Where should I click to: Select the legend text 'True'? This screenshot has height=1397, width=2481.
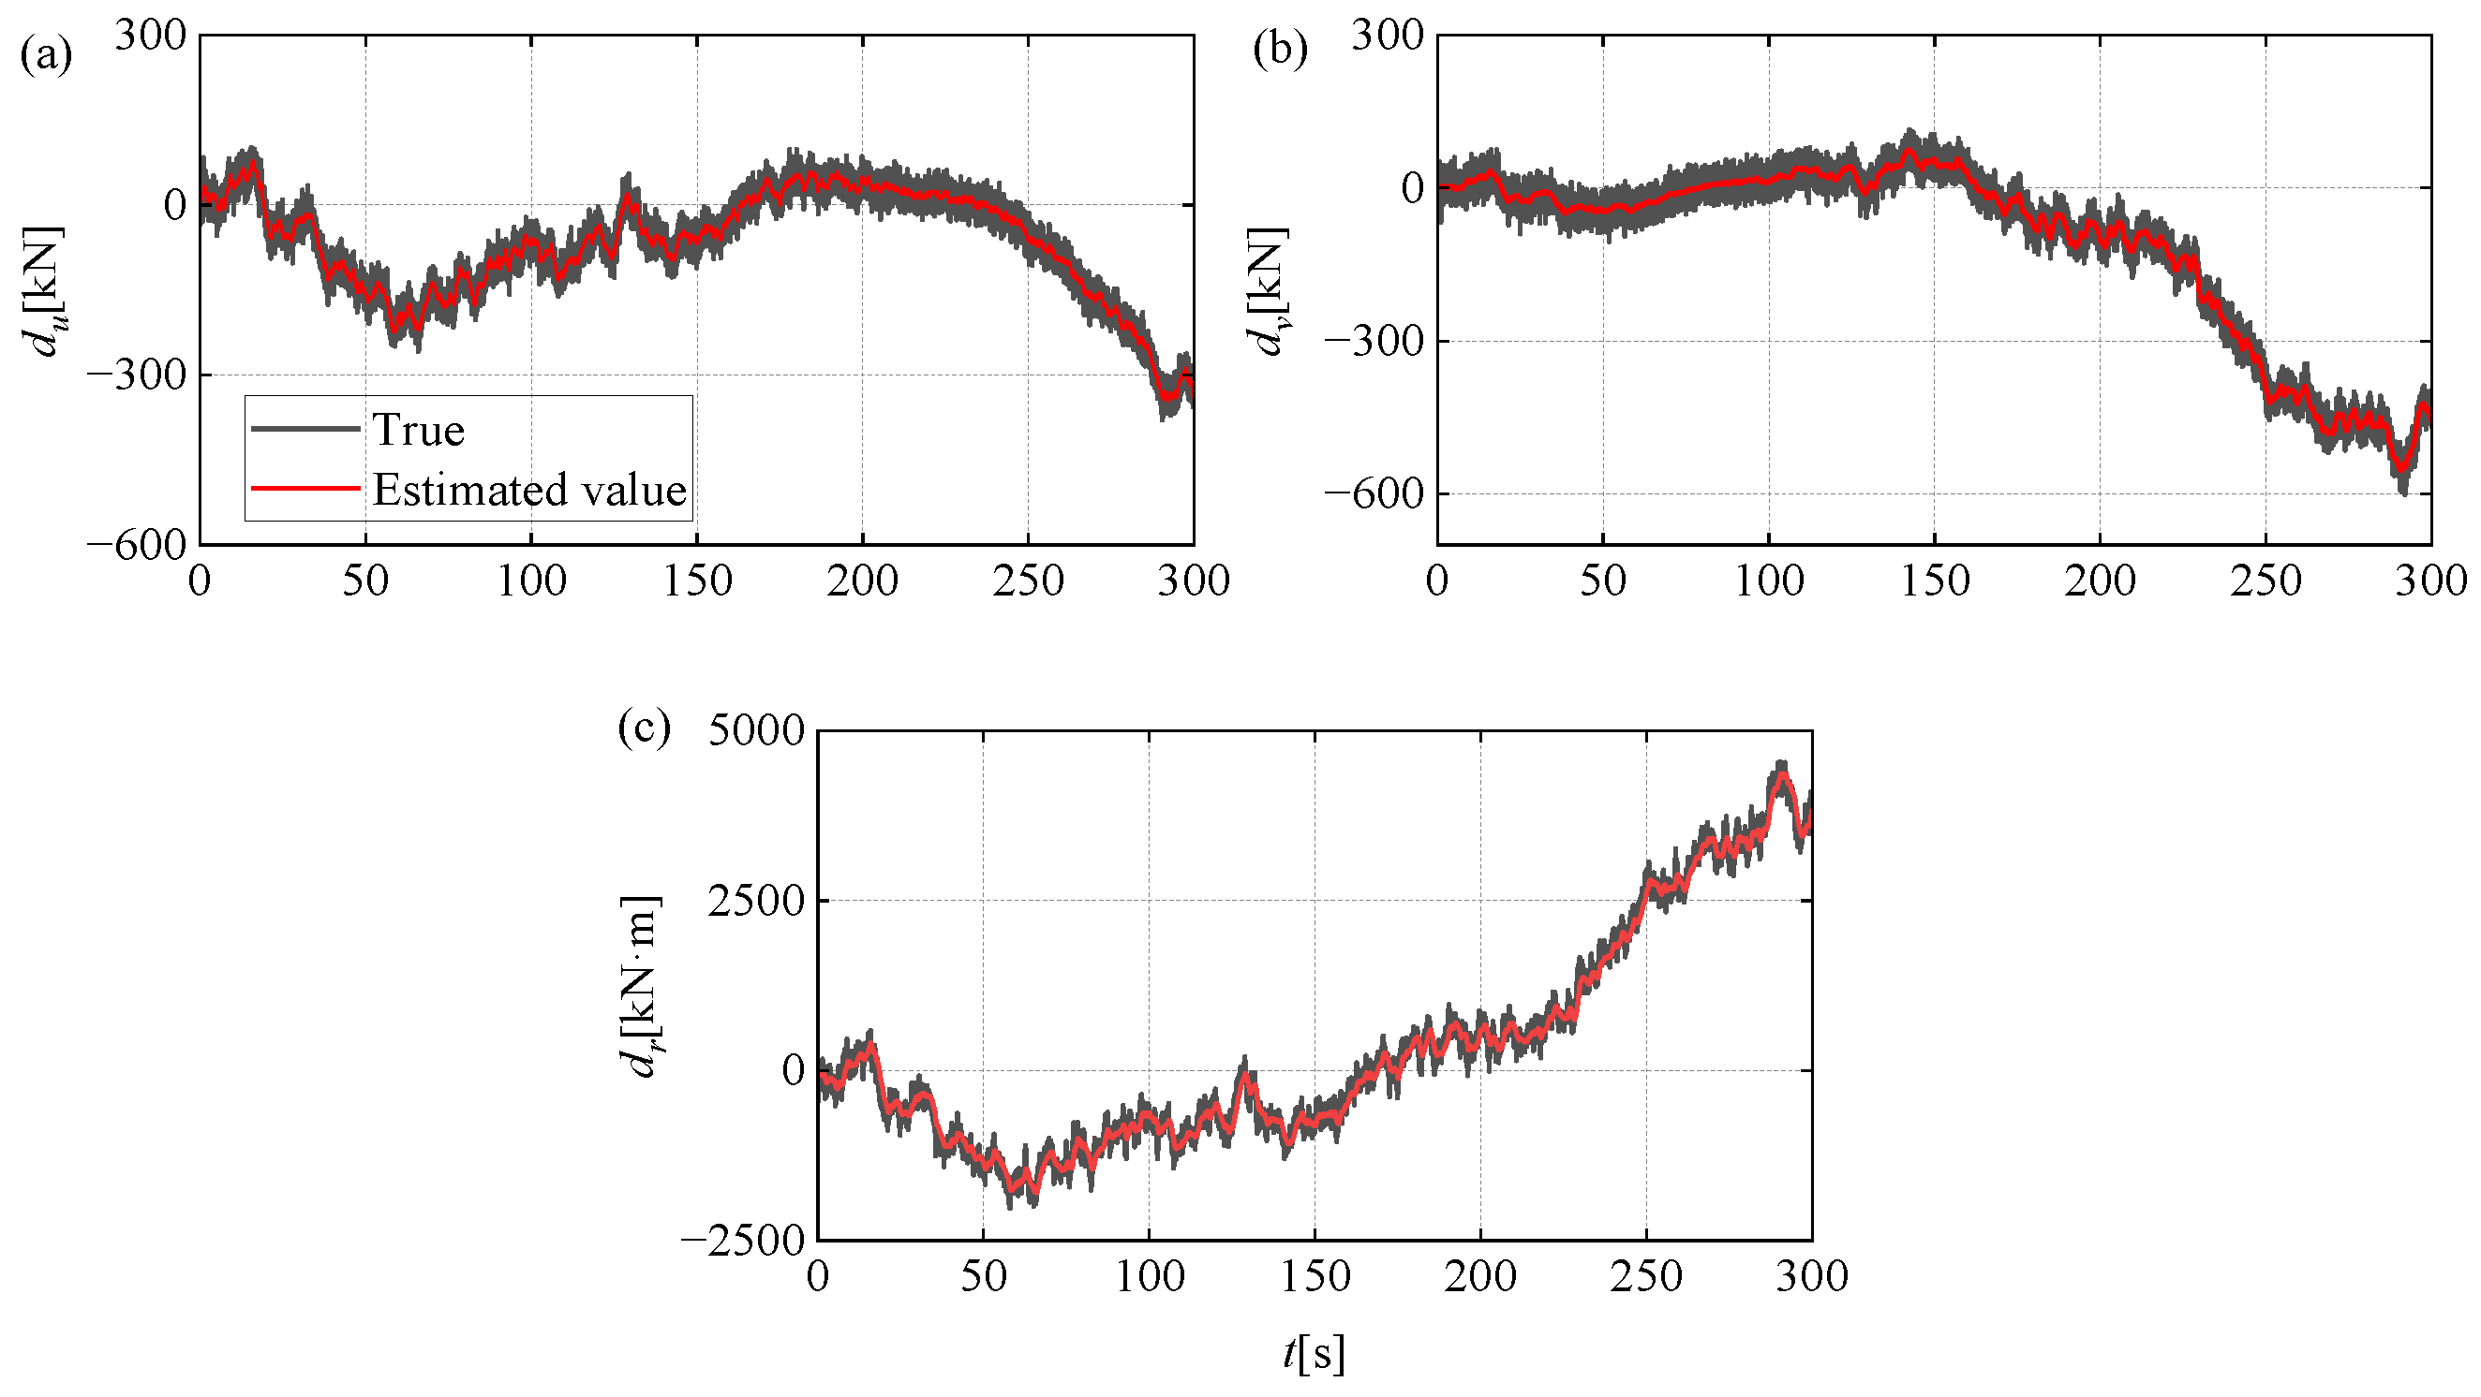click(418, 430)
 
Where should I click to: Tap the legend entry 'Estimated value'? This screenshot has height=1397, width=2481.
click(528, 489)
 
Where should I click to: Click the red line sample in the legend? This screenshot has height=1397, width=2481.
click(305, 489)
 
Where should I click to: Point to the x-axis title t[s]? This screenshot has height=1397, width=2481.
click(1314, 1353)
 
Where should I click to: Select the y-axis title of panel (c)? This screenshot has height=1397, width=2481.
click(640, 986)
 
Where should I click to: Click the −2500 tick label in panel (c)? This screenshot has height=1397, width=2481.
click(742, 1240)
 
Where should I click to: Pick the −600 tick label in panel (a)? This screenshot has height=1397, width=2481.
click(137, 545)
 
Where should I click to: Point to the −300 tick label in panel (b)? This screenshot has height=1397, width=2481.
click(1373, 342)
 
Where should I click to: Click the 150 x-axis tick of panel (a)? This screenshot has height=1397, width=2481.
click(697, 581)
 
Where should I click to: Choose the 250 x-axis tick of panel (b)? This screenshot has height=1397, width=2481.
click(2266, 581)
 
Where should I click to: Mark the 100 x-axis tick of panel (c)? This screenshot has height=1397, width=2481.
click(1149, 1276)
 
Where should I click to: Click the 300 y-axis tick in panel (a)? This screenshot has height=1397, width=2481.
click(150, 36)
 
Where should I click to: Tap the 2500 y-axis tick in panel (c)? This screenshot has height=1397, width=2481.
click(756, 901)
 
